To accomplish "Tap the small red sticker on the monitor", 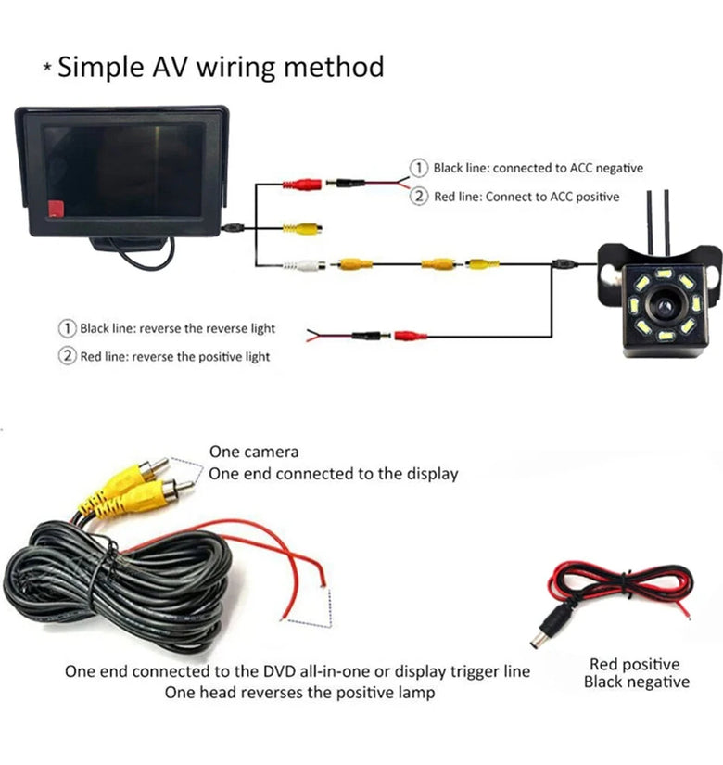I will point(57,210).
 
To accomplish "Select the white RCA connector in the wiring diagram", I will point(306,264).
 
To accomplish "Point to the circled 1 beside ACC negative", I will point(420,168).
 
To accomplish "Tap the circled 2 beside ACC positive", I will point(420,197).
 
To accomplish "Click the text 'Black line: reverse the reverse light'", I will point(177,328).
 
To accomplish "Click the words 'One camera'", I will point(254,452).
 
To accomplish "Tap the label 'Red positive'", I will point(634,664).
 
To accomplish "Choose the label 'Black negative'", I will point(636,682).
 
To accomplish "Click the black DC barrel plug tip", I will point(537,640).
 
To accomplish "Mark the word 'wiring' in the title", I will point(235,67).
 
